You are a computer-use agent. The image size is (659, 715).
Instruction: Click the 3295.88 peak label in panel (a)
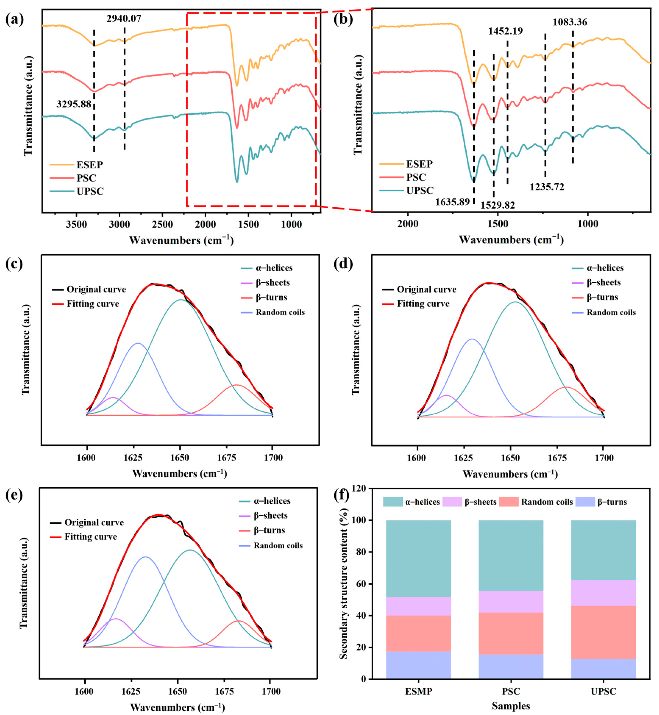click(x=74, y=104)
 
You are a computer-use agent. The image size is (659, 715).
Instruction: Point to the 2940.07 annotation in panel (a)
click(x=124, y=18)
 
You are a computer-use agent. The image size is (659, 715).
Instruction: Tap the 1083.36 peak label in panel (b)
click(x=570, y=22)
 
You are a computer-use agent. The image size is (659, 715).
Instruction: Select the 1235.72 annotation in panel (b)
click(x=547, y=186)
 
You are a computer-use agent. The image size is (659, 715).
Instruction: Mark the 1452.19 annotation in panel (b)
click(x=505, y=31)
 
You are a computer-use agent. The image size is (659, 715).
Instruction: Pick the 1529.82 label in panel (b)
click(x=498, y=205)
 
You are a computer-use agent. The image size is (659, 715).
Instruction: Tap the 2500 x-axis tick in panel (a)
click(x=162, y=225)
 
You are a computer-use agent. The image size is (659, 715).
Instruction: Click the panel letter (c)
click(x=14, y=264)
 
